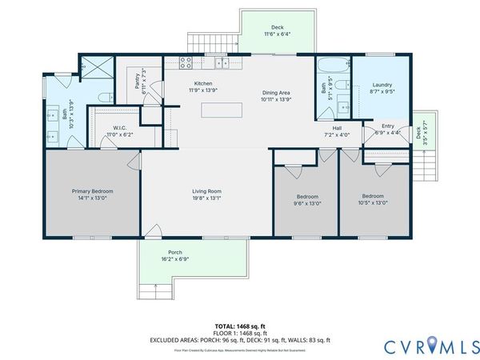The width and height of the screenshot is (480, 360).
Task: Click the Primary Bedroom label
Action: [93, 191]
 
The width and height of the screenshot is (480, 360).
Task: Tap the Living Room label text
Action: [206, 191]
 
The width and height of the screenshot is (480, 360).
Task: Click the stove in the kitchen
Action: [186, 62]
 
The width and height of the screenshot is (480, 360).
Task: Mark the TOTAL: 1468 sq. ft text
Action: [240, 326]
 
